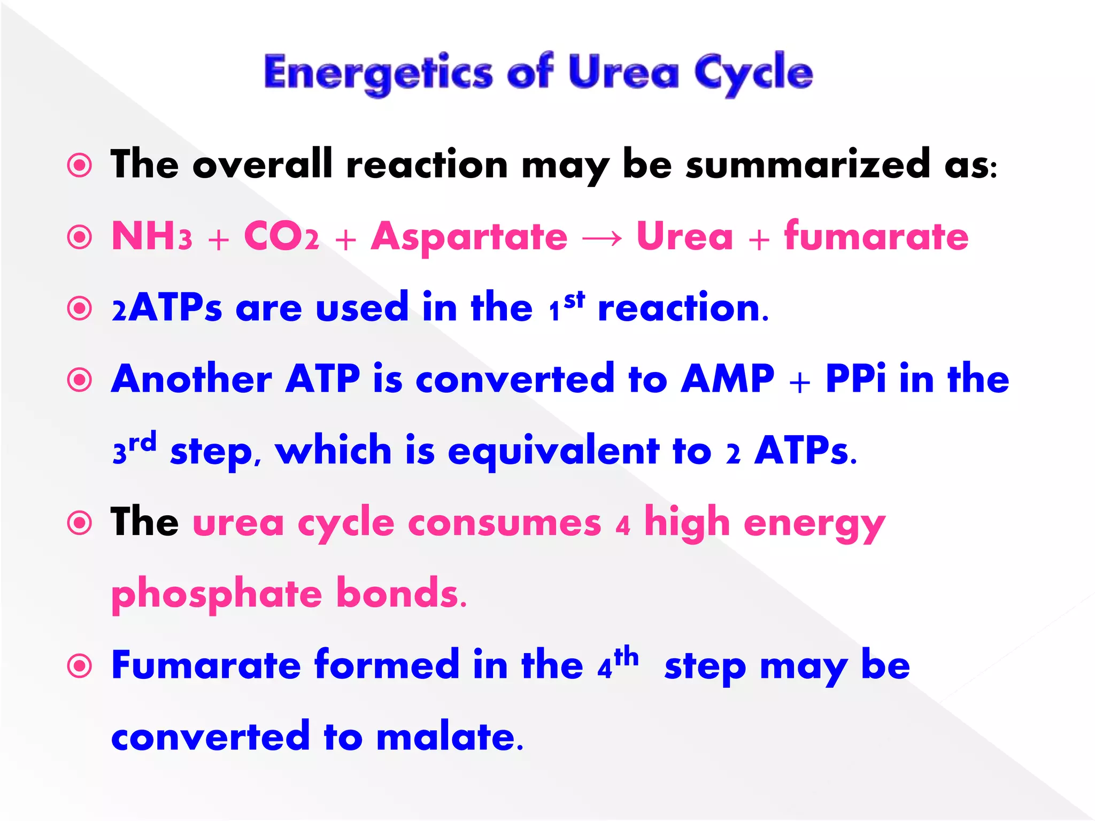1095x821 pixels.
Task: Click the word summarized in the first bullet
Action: click(x=808, y=165)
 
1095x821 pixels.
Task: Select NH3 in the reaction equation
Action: click(x=151, y=237)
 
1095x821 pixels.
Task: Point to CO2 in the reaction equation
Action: click(x=281, y=237)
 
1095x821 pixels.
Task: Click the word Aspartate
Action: click(x=469, y=237)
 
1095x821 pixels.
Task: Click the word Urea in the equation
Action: click(x=684, y=237)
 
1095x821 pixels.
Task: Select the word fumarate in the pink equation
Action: click(x=876, y=237)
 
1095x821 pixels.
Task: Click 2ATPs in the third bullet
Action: click(x=166, y=308)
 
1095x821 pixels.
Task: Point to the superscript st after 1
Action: click(x=575, y=300)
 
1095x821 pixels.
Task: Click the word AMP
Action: click(x=728, y=379)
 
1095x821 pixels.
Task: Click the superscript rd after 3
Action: click(x=143, y=443)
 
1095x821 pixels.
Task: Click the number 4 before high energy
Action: click(x=622, y=526)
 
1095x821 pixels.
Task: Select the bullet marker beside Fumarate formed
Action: click(x=80, y=666)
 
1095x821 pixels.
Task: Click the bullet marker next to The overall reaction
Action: click(x=80, y=165)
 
